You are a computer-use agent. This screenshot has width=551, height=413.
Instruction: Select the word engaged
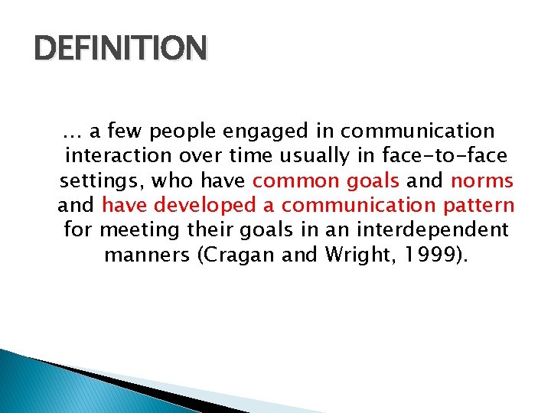pos(258,133)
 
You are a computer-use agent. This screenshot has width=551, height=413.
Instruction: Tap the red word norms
pos(482,180)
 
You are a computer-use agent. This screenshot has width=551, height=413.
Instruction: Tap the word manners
pos(148,254)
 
